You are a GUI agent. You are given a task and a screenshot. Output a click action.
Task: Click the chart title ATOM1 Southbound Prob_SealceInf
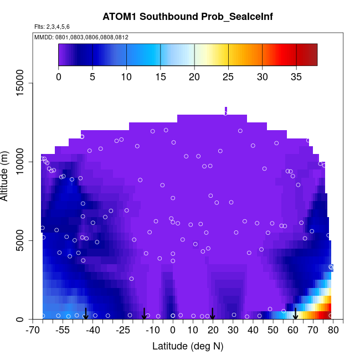(x=188, y=17)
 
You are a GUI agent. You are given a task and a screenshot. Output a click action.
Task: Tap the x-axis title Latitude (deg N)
(x=188, y=346)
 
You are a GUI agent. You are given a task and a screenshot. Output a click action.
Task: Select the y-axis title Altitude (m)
(x=8, y=174)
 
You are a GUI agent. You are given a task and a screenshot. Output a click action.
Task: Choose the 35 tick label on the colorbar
(x=296, y=76)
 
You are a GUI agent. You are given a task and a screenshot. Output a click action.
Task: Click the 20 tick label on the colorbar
(x=194, y=76)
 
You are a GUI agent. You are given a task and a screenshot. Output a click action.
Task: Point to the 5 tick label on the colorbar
(x=92, y=76)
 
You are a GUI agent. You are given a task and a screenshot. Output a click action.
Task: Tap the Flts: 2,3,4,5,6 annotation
(x=52, y=27)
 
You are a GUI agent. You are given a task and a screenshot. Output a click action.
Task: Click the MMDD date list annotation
(x=81, y=37)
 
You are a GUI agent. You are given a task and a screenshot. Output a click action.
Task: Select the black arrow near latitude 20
(x=212, y=314)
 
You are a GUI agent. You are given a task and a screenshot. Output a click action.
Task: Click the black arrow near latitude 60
(x=295, y=314)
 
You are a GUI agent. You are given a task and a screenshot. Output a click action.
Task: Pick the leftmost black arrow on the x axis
(x=86, y=314)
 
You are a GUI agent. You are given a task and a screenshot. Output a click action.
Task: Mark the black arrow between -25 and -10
(x=144, y=314)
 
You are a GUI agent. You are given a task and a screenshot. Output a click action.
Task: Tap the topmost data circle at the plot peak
(x=225, y=113)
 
